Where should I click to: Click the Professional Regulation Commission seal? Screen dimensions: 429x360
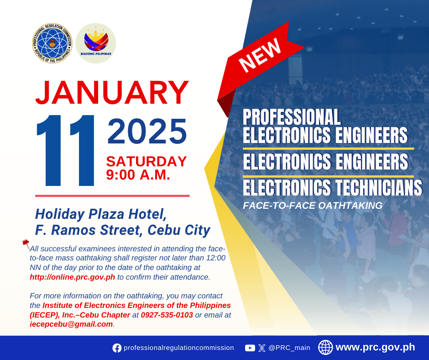coord(52,43)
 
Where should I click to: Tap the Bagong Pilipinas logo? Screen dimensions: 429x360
coord(96,43)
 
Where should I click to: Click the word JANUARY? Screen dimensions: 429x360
coord(112,93)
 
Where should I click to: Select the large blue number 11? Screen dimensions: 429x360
coord(65,150)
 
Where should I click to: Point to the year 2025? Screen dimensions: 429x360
coord(147,131)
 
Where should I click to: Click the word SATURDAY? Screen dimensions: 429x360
coord(146,161)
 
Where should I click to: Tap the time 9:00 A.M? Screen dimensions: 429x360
coord(138,175)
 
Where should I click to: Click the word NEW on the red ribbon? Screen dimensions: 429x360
coord(260,55)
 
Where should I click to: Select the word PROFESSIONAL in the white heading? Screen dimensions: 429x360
coord(292,117)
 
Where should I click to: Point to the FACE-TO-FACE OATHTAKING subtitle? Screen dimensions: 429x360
coord(313,206)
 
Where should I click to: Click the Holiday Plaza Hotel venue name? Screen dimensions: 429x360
coord(101,214)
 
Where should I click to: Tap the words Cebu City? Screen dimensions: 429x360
coord(179,230)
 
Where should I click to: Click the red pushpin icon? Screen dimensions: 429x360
coord(26,244)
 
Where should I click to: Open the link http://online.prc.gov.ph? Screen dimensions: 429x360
coord(72,277)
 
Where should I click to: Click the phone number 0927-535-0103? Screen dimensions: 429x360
coord(167,315)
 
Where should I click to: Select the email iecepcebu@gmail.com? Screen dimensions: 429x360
coord(71,324)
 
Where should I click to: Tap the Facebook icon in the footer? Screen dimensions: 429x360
coord(117,348)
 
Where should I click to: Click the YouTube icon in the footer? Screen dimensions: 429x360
coord(250,348)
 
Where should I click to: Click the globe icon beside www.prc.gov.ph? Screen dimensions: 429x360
coord(325,347)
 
